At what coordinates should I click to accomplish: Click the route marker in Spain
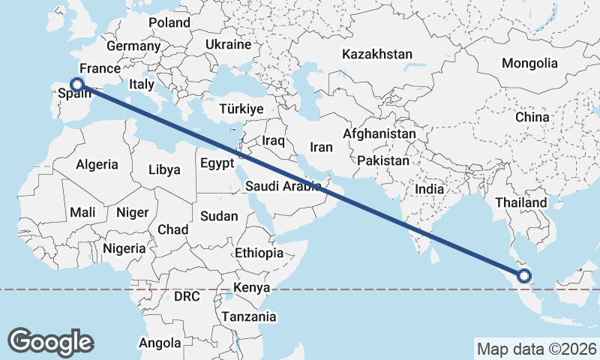(76, 85)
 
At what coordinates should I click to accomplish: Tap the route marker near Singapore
(523, 276)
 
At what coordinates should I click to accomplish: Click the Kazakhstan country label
(377, 54)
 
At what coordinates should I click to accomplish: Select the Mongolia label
(530, 63)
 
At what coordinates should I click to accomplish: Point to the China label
(532, 118)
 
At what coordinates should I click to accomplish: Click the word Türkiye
(241, 109)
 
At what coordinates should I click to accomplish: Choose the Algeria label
(97, 164)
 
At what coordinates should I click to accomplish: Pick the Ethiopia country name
(259, 253)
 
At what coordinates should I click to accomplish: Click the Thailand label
(521, 202)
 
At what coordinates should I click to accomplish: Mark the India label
(430, 189)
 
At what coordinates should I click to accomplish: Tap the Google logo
(50, 341)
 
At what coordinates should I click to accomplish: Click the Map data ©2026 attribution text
(536, 349)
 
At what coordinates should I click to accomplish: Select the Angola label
(160, 343)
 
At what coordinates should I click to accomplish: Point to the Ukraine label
(228, 44)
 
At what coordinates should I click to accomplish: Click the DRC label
(186, 296)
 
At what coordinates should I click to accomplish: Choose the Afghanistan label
(379, 133)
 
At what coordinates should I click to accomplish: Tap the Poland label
(169, 22)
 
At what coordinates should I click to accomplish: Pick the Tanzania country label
(248, 316)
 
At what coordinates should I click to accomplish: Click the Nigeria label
(123, 247)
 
